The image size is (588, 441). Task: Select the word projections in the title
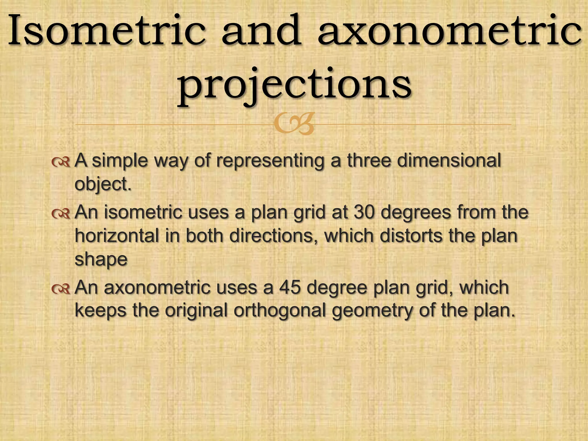[x=295, y=85]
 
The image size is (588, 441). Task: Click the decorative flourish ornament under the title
[x=294, y=124]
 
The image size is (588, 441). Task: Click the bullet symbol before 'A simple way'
[x=61, y=163]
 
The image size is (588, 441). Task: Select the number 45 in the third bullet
[x=290, y=287]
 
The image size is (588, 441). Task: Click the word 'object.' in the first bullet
[x=103, y=184]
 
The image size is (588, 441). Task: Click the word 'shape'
[x=101, y=260]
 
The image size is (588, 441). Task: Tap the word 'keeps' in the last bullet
[x=100, y=311]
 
